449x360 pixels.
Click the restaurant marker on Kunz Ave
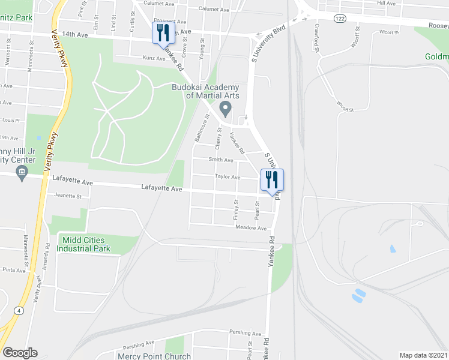[163, 34]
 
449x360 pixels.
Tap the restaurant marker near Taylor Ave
[272, 180]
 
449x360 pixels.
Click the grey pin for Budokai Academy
[226, 110]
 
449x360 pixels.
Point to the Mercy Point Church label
[154, 355]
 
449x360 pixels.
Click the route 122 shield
[340, 19]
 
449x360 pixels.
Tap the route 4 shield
[19, 310]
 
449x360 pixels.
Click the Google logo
[19, 353]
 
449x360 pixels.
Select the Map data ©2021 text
[424, 355]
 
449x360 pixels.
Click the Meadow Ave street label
[251, 228]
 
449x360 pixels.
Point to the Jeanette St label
[67, 196]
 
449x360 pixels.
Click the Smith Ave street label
[220, 160]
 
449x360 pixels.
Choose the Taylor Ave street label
[228, 178]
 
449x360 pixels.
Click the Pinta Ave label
[13, 270]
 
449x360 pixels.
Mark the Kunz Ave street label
[153, 59]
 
